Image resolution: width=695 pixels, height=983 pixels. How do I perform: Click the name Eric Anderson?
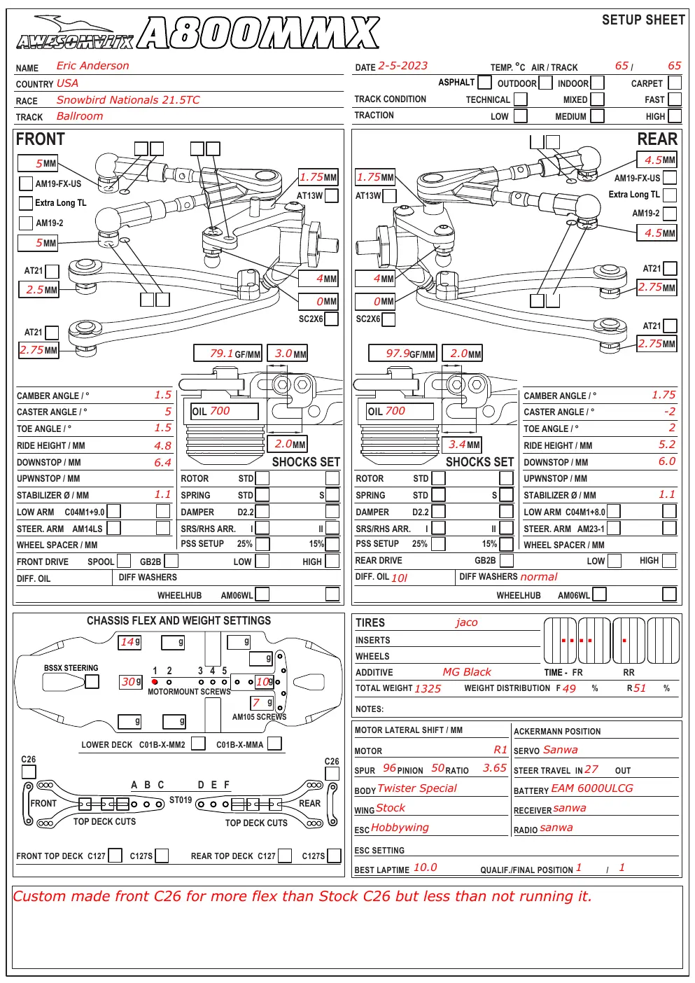pyautogui.click(x=92, y=66)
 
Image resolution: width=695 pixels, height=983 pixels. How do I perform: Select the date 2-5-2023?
pyautogui.click(x=402, y=66)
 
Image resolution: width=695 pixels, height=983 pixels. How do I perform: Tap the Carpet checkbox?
pyautogui.click(x=675, y=83)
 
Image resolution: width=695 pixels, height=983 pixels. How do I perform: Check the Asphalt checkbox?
pyautogui.click(x=484, y=82)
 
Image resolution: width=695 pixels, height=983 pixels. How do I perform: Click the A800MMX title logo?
pyautogui.click(x=258, y=32)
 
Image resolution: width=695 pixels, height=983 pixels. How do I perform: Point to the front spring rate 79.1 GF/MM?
pyautogui.click(x=227, y=354)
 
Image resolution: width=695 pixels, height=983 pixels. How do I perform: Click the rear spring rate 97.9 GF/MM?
pyautogui.click(x=402, y=354)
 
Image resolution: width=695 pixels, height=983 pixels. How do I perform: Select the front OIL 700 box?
pyautogui.click(x=224, y=411)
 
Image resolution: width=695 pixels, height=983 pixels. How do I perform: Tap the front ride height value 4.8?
pyautogui.click(x=162, y=446)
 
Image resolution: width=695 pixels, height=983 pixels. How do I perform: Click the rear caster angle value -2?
pyautogui.click(x=670, y=412)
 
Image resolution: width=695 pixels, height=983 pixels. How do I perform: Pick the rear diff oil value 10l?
pyautogui.click(x=399, y=578)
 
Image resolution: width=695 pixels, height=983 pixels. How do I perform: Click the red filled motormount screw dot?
pyautogui.click(x=155, y=681)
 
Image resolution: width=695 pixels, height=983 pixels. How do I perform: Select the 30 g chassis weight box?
pyautogui.click(x=131, y=681)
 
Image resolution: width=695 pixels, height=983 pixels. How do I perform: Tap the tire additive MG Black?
pyautogui.click(x=467, y=672)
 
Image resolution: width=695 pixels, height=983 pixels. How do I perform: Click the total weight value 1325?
pyautogui.click(x=428, y=688)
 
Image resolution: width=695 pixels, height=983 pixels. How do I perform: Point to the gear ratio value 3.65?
pyautogui.click(x=495, y=768)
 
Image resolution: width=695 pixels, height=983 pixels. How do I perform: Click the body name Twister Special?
pyautogui.click(x=417, y=788)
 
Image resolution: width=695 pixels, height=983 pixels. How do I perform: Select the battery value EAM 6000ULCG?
pyautogui.click(x=592, y=788)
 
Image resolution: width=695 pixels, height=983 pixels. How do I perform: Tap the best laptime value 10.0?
pyautogui.click(x=425, y=867)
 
